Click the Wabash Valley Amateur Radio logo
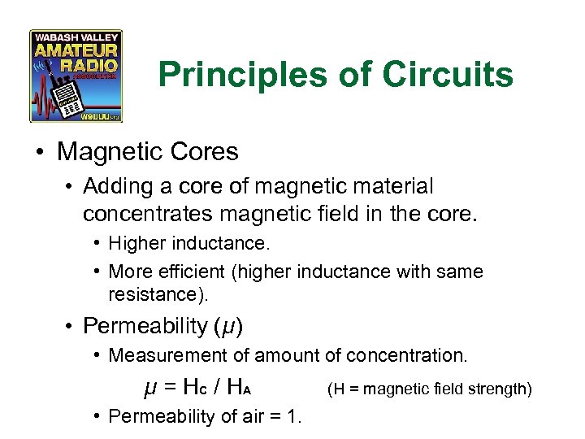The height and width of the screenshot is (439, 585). coord(76,76)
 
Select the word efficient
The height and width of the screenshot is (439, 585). coord(188,272)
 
